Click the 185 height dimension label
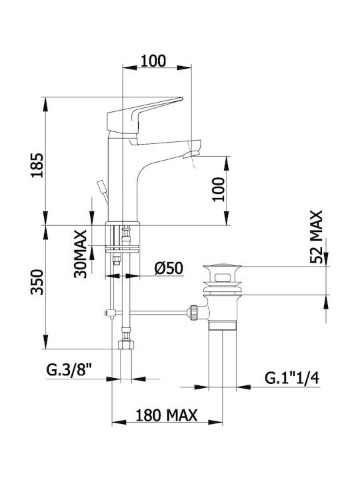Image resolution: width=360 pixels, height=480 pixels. click(x=37, y=165)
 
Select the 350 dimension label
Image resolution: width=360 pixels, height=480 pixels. click(x=37, y=281)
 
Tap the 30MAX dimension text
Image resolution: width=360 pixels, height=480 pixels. click(x=81, y=254)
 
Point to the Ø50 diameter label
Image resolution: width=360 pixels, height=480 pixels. click(x=169, y=268)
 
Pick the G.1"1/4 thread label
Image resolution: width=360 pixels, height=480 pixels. click(x=292, y=379)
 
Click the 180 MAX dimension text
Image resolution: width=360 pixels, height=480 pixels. click(x=166, y=415)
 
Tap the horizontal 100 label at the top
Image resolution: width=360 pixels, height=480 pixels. click(x=153, y=61)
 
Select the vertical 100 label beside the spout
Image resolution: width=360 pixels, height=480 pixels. click(x=219, y=189)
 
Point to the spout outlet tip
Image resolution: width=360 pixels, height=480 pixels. click(x=191, y=155)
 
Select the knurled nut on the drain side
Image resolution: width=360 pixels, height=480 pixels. click(x=193, y=312)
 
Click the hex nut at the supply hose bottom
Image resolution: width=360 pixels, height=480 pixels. click(x=126, y=345)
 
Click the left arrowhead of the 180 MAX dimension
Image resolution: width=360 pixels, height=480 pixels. click(x=119, y=423)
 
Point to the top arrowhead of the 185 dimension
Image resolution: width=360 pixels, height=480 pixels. click(x=45, y=105)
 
